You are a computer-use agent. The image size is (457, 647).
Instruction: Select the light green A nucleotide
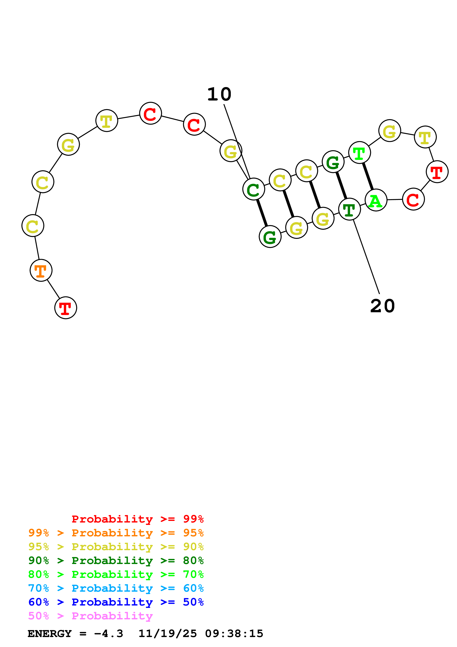(x=376, y=200)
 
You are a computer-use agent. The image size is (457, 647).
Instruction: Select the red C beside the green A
(x=413, y=199)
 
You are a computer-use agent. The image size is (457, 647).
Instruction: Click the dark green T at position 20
(x=350, y=209)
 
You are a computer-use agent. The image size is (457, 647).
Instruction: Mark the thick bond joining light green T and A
(x=368, y=176)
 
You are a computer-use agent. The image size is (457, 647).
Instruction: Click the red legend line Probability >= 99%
(x=137, y=519)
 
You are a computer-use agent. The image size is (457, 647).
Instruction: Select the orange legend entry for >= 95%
(x=116, y=533)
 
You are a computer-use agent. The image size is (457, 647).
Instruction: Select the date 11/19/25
(x=168, y=634)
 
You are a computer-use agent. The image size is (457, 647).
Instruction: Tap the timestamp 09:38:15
(x=234, y=634)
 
